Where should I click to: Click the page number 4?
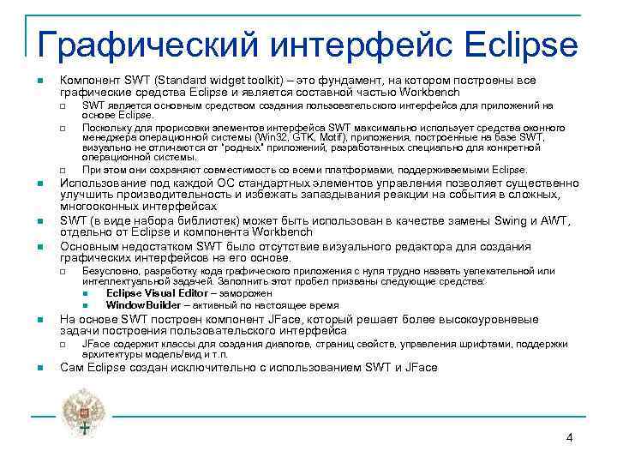pos(569,438)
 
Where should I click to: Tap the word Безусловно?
pos(112,271)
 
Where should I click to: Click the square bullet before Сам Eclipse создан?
pos(39,369)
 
